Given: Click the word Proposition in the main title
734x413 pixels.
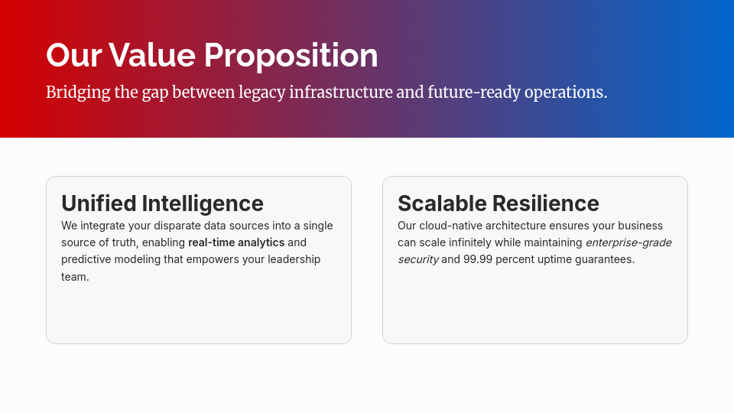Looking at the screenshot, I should click(x=291, y=55).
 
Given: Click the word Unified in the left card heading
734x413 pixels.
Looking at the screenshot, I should click(x=99, y=203).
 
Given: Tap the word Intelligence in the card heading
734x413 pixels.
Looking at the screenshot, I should click(x=203, y=203).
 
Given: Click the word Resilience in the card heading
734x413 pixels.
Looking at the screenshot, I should click(x=546, y=203).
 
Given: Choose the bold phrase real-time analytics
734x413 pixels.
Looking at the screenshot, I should click(x=236, y=242).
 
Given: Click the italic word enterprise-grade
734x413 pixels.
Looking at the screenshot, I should click(x=628, y=242).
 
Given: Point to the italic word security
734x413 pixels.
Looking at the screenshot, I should click(x=418, y=259).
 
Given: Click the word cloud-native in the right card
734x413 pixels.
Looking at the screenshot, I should click(x=450, y=226).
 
